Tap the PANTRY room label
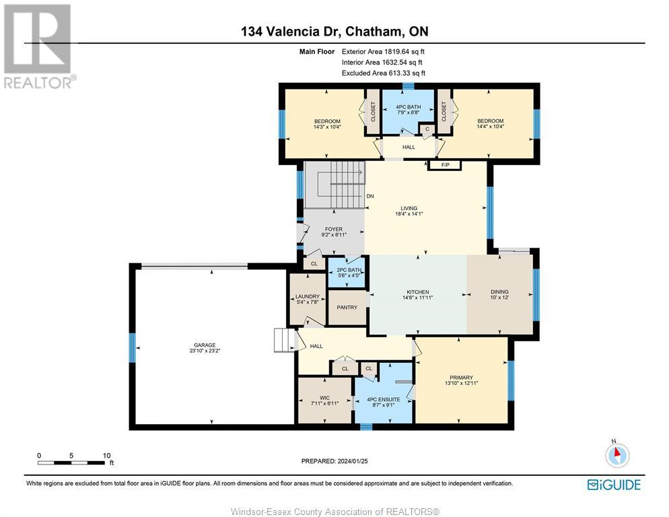tap(347, 308)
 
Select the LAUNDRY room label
tap(306, 296)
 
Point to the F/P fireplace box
tap(445, 164)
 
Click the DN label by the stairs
tap(370, 197)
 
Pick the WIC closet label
tap(324, 397)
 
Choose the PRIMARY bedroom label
tap(461, 378)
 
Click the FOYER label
tap(333, 230)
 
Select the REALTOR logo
tap(38, 47)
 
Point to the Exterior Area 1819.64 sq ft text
tap(383, 51)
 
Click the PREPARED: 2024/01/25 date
tap(334, 461)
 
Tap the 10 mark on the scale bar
tap(106, 456)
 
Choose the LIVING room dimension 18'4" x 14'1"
tap(409, 215)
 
